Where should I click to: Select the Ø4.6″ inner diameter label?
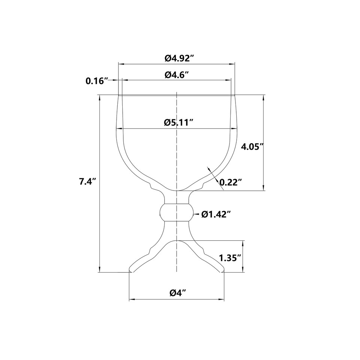coord(177,75)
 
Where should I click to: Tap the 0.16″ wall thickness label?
coord(97,81)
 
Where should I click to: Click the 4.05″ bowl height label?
coord(252,146)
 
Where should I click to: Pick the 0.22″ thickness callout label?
coord(231,182)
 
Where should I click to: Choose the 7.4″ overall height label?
coord(87,181)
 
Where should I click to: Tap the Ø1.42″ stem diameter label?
coord(216,214)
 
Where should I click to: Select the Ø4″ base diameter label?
coord(177,293)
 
